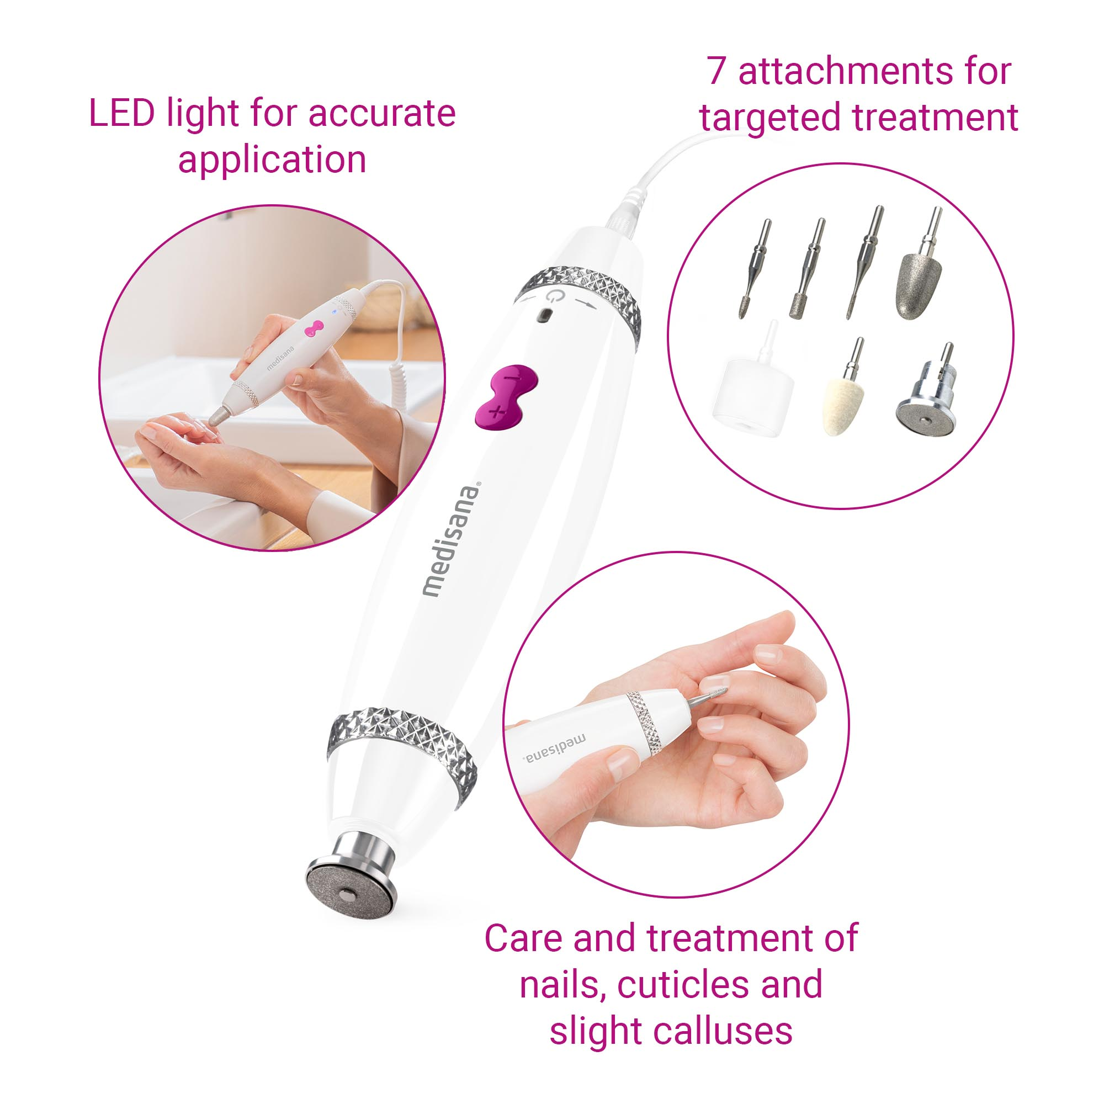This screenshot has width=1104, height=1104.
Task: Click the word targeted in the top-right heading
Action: tap(772, 118)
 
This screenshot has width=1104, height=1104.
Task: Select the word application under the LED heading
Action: tap(272, 160)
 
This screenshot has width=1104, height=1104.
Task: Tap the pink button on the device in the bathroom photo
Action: tap(313, 329)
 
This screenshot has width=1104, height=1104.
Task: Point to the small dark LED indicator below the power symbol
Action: tap(546, 316)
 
